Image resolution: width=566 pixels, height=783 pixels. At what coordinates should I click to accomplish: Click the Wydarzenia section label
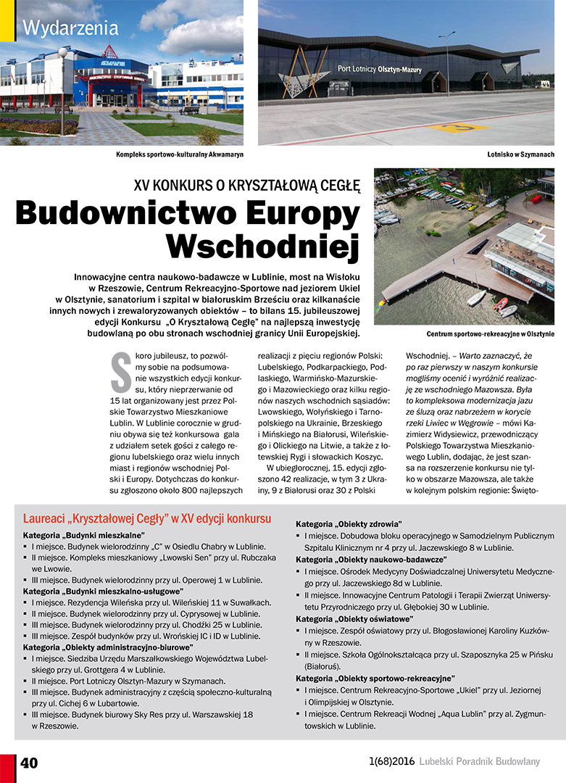[x=70, y=29]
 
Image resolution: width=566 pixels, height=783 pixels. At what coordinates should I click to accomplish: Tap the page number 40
[x=29, y=763]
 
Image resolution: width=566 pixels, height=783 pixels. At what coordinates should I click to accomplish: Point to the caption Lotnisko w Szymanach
[x=520, y=154]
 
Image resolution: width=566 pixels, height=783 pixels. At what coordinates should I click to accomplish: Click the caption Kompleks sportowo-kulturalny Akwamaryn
[x=180, y=154]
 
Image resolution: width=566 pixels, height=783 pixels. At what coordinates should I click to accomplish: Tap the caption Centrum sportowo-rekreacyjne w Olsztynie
[x=491, y=334]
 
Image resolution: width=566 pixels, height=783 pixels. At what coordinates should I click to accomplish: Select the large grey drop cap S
[x=120, y=369]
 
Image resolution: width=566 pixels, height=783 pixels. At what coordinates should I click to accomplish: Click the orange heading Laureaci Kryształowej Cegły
[x=147, y=519]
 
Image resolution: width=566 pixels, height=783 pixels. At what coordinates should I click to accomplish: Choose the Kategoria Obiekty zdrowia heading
[x=349, y=523]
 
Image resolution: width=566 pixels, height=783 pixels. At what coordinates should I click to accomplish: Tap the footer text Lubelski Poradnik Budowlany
[x=480, y=761]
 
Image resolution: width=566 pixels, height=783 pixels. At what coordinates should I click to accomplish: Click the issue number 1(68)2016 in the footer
[x=391, y=761]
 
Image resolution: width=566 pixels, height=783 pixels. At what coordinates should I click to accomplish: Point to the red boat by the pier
[x=501, y=304]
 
